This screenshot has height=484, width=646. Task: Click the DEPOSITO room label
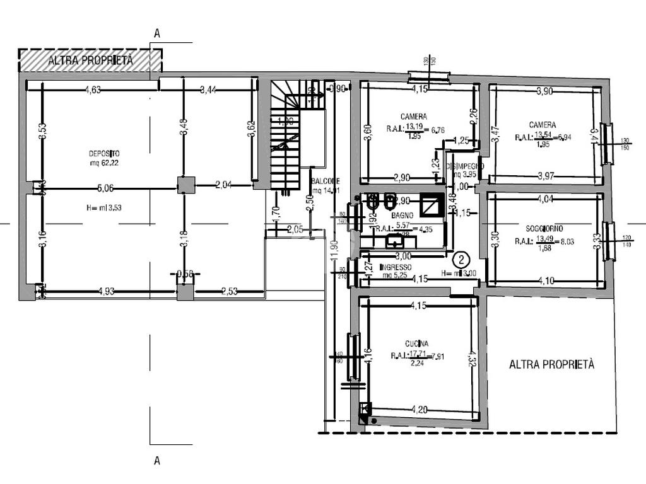(105, 153)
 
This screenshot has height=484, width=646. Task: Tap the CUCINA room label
(418, 343)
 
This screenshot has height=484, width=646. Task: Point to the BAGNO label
(402, 216)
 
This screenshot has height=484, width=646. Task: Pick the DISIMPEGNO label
(464, 166)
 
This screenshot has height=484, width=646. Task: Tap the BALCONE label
(326, 181)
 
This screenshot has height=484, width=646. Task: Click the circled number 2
(462, 258)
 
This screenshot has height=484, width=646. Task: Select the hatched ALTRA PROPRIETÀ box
(90, 60)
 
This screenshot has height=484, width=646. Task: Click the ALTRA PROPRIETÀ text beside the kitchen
(551, 364)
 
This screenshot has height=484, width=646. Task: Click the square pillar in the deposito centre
(185, 185)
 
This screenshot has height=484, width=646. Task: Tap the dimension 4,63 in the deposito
(93, 89)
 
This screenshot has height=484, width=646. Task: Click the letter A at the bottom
(157, 461)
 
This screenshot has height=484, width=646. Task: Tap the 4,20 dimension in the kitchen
(419, 410)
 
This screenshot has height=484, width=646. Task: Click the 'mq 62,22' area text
(105, 163)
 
